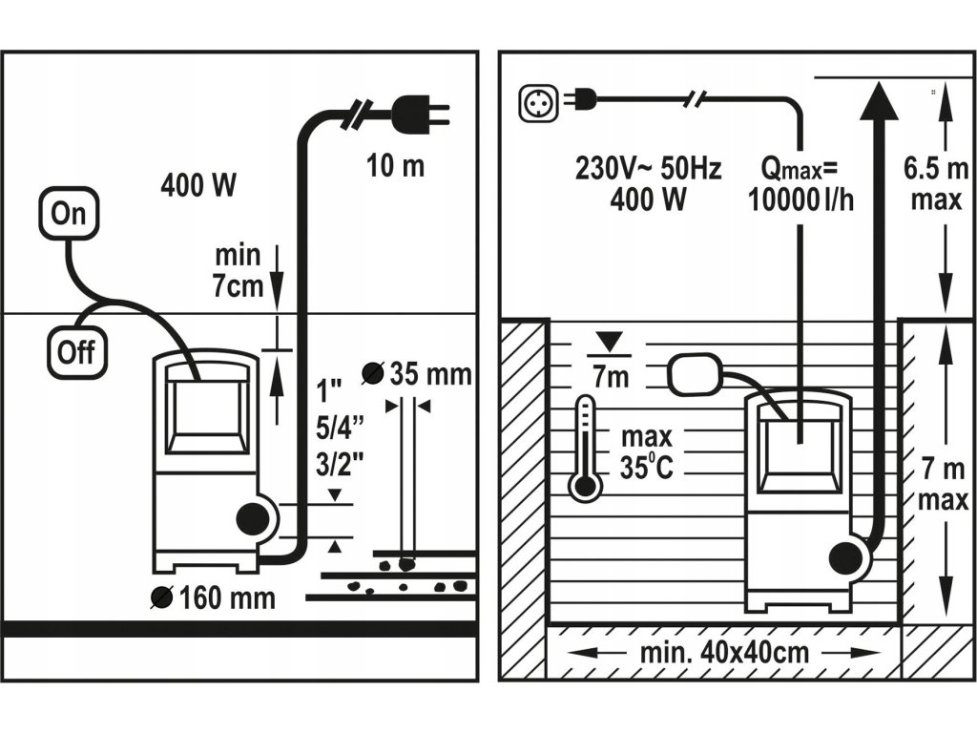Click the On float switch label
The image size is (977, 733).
pos(68,214)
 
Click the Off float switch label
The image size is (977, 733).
pos(76,351)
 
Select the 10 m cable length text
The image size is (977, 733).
pos(395,166)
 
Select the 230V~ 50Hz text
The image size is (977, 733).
pos(649,170)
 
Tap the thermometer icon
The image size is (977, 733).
pos(585,450)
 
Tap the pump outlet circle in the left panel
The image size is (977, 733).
pos(253,519)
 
